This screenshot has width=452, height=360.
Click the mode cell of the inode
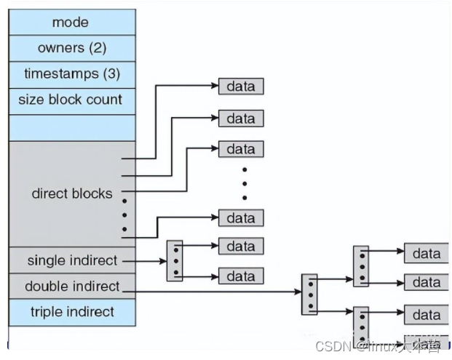tap(72, 22)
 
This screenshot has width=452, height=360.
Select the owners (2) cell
tap(72, 48)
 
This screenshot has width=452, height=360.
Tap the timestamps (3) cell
tap(72, 74)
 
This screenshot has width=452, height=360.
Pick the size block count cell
tap(72, 100)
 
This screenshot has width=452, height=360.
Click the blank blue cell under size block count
tap(72, 127)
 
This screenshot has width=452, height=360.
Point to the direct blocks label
tap(72, 193)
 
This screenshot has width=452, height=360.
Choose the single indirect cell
tap(72, 260)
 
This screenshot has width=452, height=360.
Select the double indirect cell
tap(72, 286)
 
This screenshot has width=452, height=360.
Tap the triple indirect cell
tap(72, 312)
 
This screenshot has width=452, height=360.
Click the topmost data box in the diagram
tap(241, 87)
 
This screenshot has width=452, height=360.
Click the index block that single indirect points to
tap(175, 261)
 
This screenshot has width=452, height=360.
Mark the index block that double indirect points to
tap(309, 295)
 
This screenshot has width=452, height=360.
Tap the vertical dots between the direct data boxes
tap(245, 182)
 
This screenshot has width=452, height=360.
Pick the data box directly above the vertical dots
tap(241, 149)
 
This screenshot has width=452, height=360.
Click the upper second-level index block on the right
tap(361, 266)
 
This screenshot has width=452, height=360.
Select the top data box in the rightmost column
tap(427, 253)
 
